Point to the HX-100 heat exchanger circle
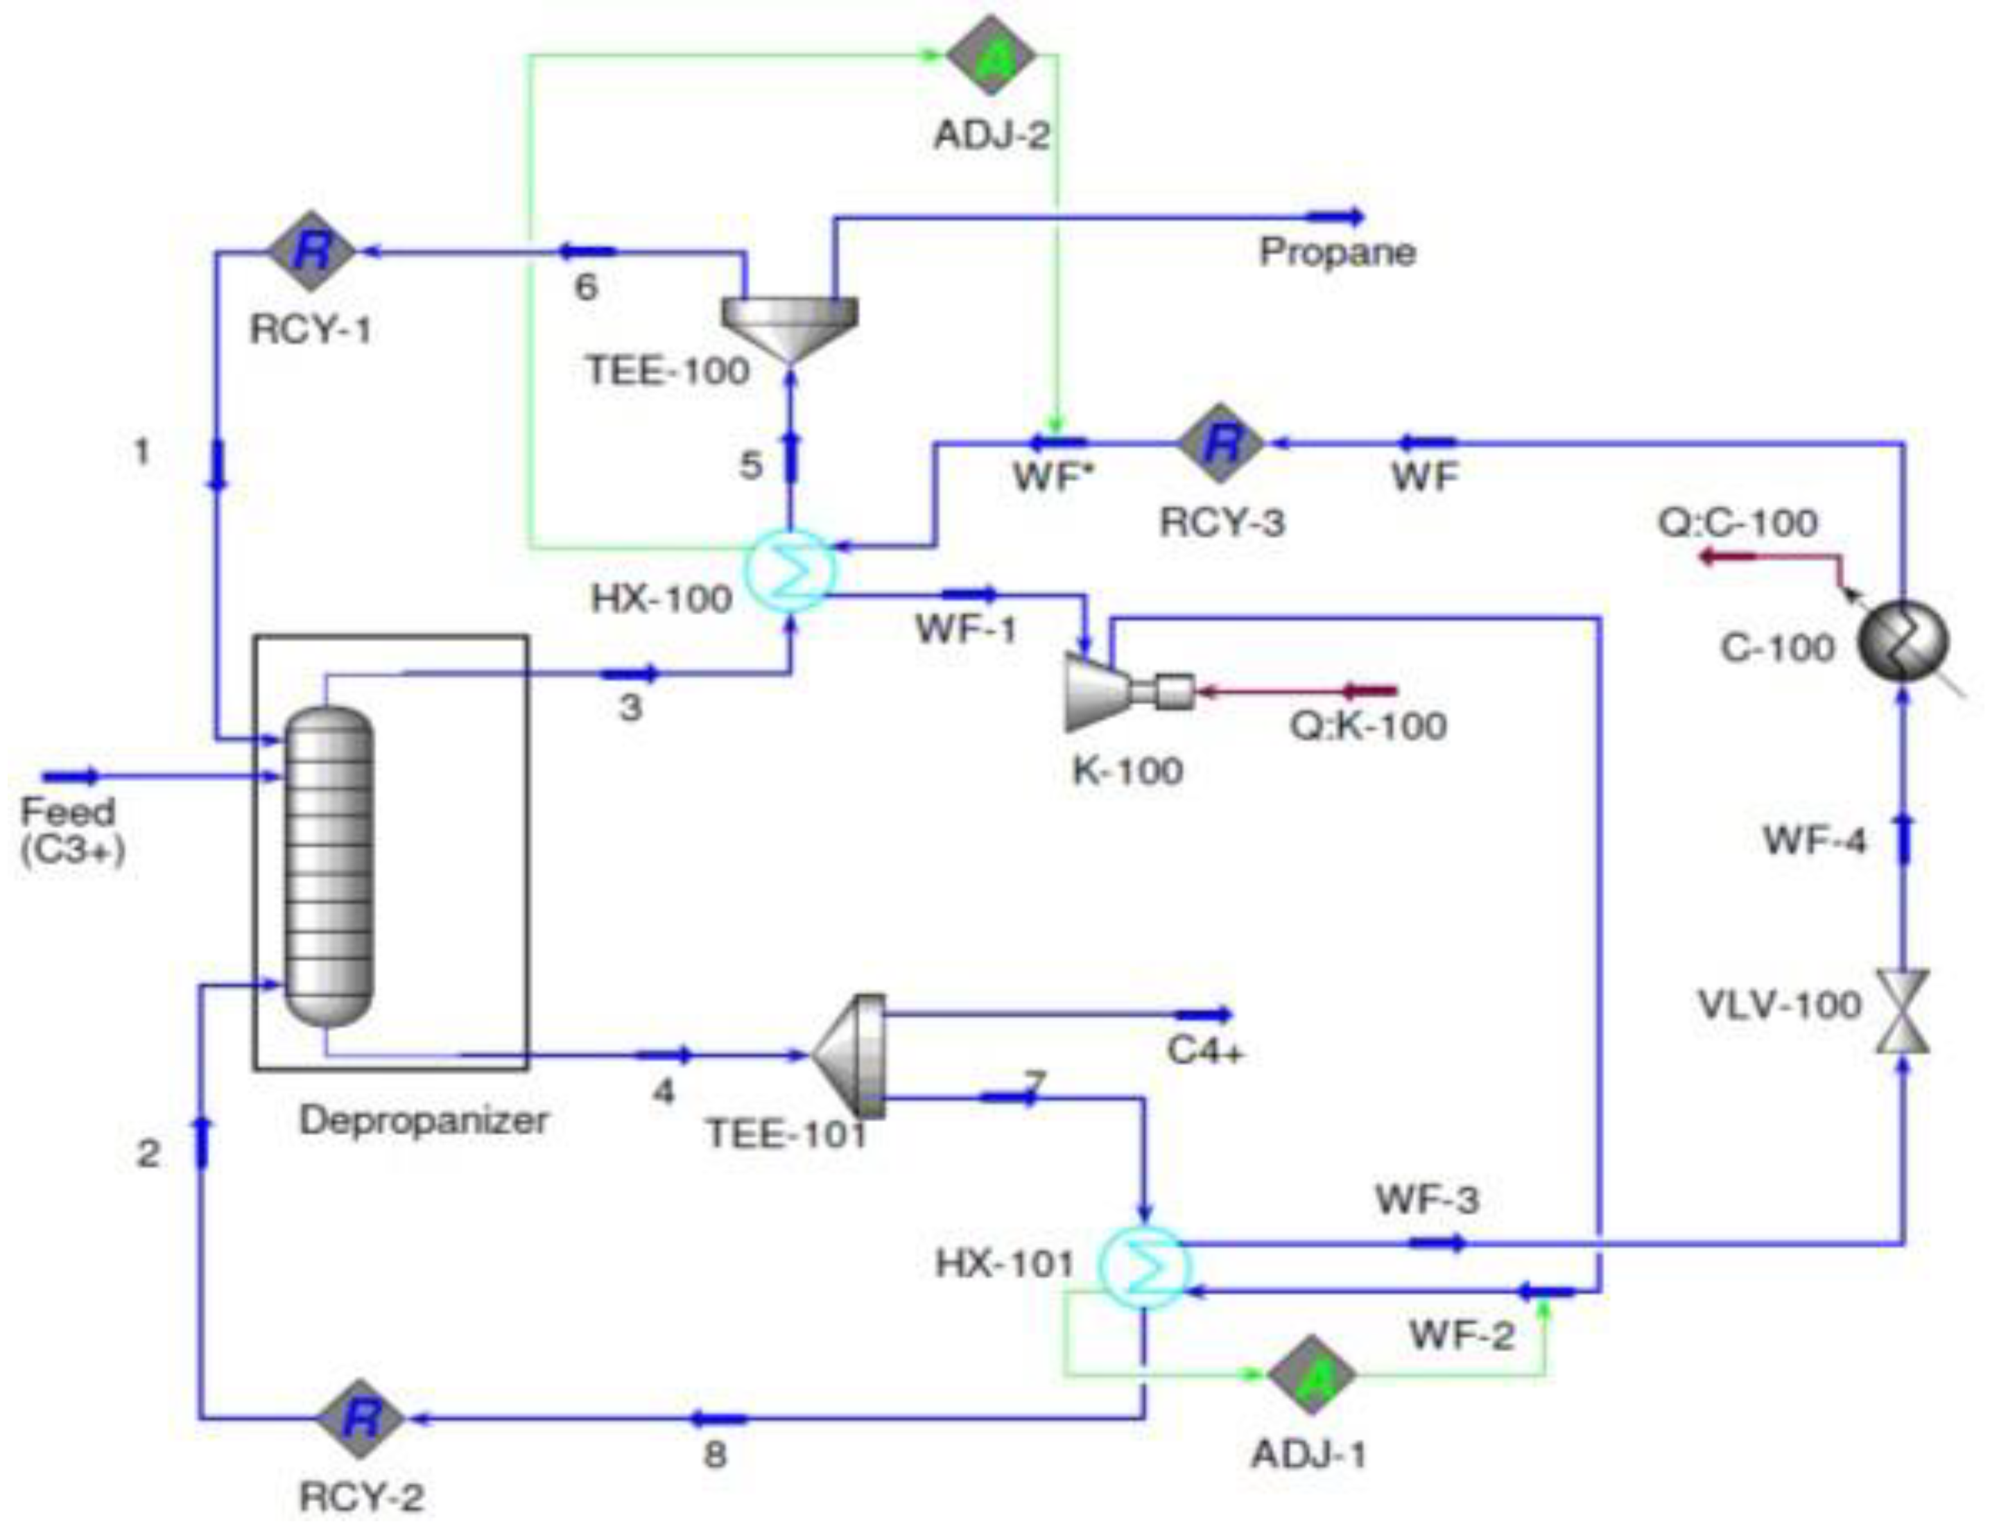790,571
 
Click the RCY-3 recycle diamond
1222,444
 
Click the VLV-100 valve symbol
1903,1012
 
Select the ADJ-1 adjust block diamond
1312,1374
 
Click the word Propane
1337,252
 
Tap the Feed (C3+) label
70,829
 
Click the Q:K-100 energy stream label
1367,726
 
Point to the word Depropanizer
424,1120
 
